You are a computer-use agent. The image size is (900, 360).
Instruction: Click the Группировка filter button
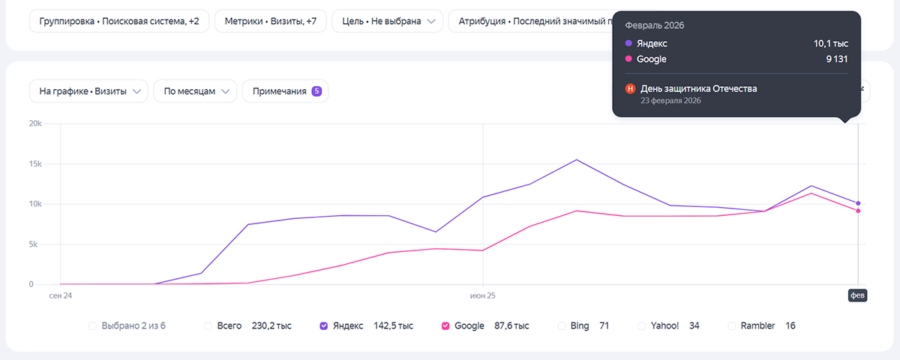point(119,22)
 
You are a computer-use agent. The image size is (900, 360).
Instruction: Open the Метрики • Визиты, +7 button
point(271,22)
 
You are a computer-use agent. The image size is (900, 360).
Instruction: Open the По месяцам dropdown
point(195,91)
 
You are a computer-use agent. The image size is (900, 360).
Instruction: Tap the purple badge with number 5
point(316,91)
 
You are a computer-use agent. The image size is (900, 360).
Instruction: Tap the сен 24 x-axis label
point(61,295)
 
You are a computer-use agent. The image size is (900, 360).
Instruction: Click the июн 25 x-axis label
point(483,295)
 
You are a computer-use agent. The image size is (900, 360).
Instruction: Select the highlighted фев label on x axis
point(857,295)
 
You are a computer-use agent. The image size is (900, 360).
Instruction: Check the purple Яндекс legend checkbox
point(324,325)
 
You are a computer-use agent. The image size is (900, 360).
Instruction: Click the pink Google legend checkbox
point(445,325)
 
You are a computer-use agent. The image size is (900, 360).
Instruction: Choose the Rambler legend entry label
point(757,325)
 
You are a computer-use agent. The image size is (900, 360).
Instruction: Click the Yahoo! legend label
point(664,325)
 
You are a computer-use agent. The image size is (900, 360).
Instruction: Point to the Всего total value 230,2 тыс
point(271,325)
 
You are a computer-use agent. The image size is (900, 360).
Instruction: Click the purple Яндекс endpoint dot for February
point(857,203)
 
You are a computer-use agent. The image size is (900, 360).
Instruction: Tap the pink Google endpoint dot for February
point(857,211)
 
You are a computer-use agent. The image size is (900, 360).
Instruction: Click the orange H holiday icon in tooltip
point(630,88)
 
